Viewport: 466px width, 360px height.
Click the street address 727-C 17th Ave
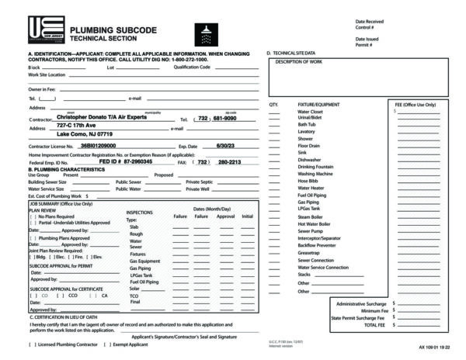click(x=75, y=125)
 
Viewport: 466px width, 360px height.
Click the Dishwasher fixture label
click(x=310, y=160)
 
